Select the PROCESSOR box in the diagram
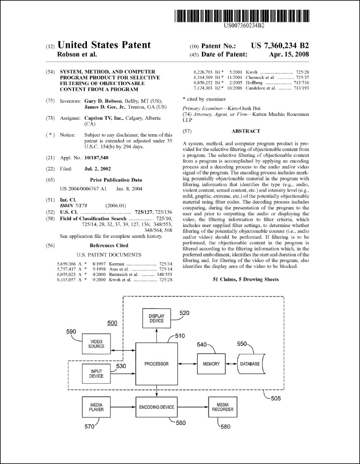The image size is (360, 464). (x=156, y=363)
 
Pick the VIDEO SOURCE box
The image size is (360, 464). (x=96, y=343)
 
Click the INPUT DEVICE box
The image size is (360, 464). (x=96, y=373)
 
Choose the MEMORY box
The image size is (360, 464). (x=211, y=363)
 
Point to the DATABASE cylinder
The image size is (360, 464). (x=250, y=363)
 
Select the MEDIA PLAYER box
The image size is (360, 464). (x=96, y=407)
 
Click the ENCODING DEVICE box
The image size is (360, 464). (x=156, y=407)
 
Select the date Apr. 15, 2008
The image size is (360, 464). (x=288, y=54)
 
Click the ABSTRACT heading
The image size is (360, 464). (x=245, y=131)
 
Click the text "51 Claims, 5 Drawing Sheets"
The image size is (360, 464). (x=245, y=280)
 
